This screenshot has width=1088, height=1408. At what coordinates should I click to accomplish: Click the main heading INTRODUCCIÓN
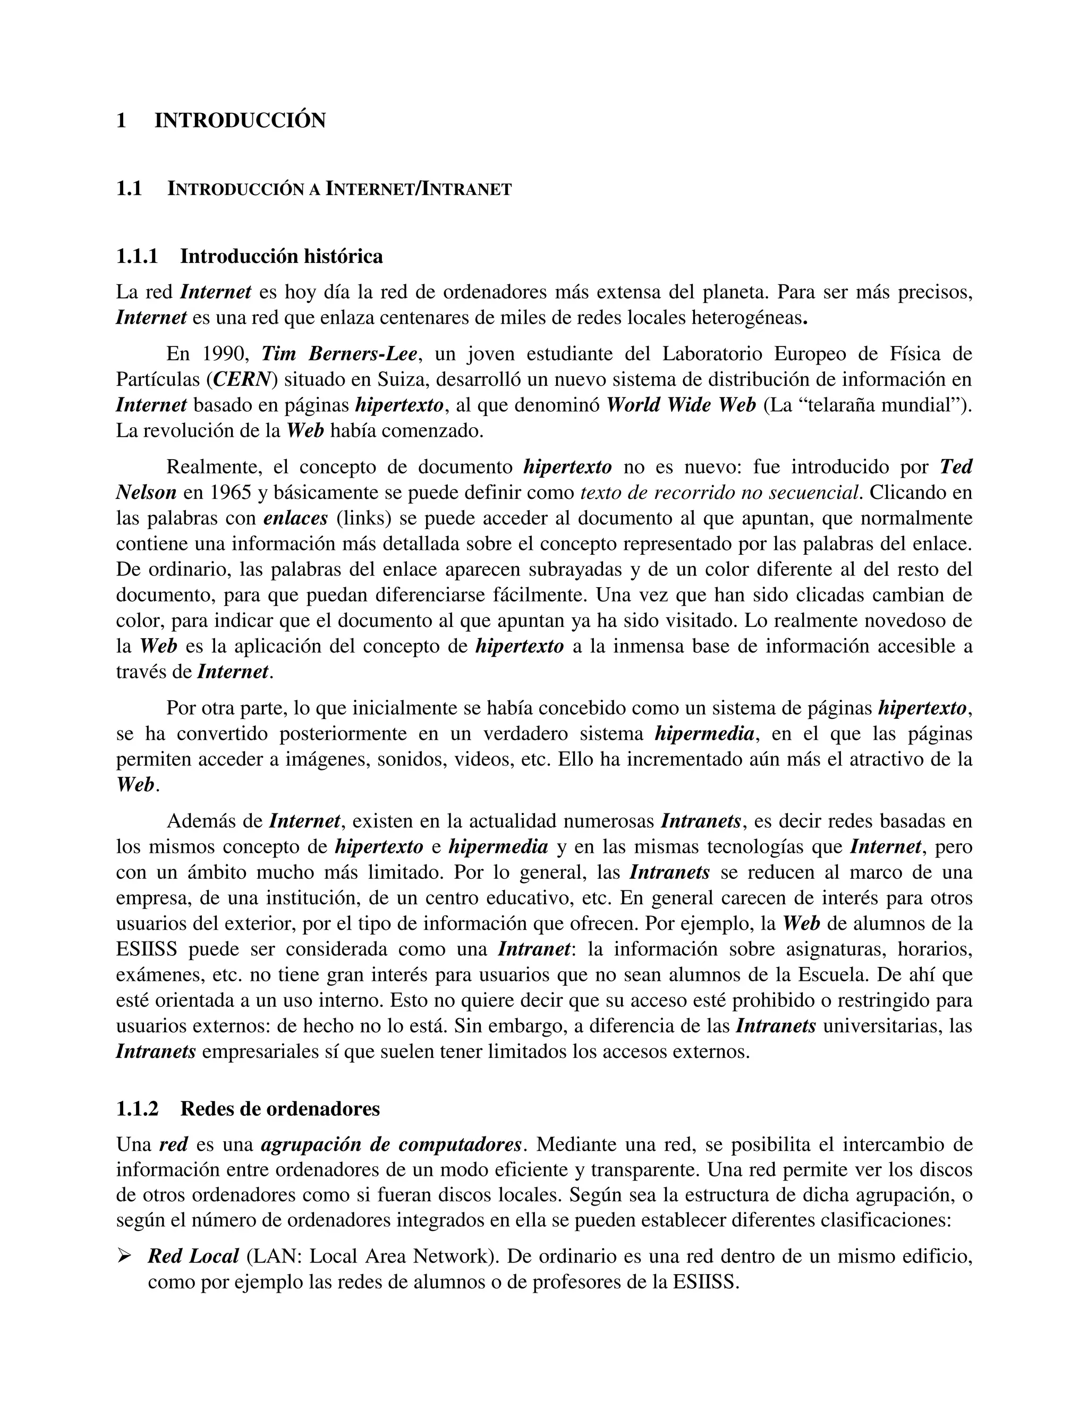coord(240,121)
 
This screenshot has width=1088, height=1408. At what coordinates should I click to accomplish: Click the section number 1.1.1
coord(137,257)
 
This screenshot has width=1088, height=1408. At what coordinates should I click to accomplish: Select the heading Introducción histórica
coord(281,257)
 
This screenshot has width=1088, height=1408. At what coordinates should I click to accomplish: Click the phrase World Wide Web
coord(681,405)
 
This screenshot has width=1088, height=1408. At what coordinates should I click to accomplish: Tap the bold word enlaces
coord(295,519)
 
